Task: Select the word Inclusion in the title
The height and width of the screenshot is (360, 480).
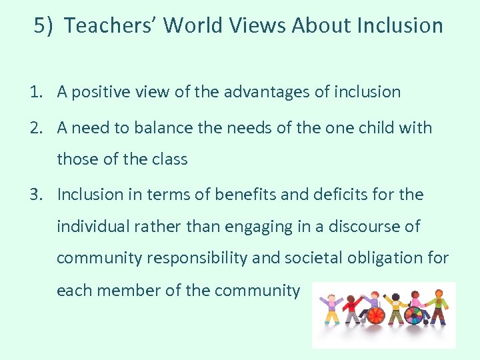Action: (400, 25)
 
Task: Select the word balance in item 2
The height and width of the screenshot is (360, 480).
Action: (155, 127)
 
